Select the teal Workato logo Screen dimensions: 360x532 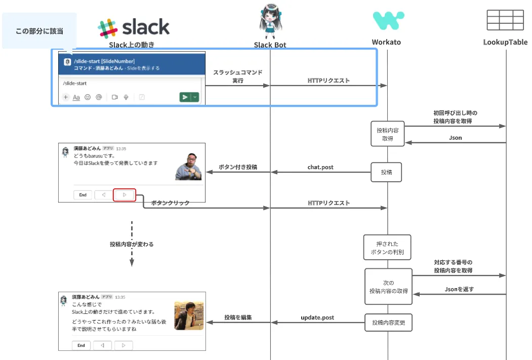(x=388, y=21)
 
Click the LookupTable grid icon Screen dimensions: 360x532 (x=505, y=20)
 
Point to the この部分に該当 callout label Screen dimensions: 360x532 (x=39, y=31)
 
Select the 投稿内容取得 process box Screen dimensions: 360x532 (x=388, y=134)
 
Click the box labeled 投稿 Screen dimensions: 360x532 (x=386, y=173)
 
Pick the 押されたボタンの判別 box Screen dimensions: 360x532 (x=387, y=248)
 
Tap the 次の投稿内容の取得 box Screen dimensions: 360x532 (x=388, y=287)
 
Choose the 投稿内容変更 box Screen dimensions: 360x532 (x=389, y=323)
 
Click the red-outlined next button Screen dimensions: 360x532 (x=125, y=195)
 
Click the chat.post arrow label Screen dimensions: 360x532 (x=320, y=167)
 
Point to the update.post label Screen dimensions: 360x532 (x=317, y=317)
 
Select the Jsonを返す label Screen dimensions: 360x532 (x=460, y=289)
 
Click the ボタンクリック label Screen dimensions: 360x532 (x=170, y=203)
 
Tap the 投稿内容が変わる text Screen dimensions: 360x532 (x=132, y=244)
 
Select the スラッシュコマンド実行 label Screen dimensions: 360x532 (x=237, y=76)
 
